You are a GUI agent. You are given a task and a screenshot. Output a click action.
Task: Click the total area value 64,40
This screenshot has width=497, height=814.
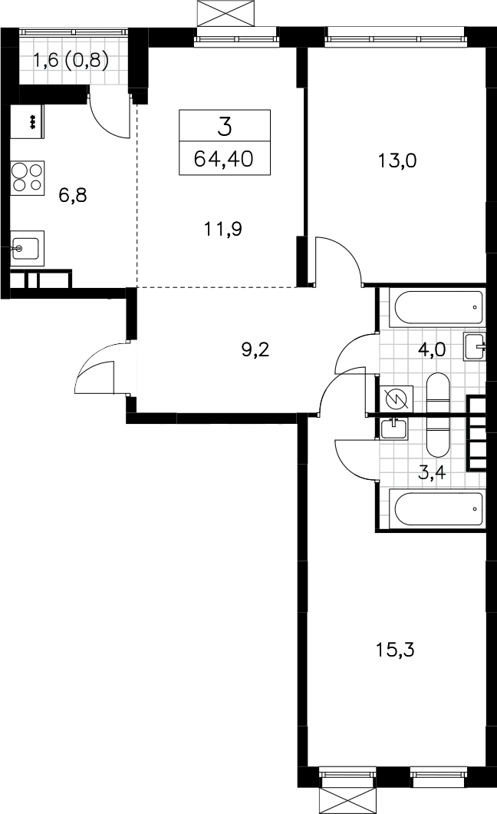point(224,158)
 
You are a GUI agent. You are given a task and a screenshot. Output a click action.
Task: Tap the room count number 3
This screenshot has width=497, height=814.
point(225,126)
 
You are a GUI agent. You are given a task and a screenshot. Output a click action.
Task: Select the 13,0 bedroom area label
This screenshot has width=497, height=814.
point(397,161)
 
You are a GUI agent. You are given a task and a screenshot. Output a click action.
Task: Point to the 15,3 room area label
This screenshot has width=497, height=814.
point(395,649)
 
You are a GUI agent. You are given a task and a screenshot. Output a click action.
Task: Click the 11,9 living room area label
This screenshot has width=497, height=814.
point(223,228)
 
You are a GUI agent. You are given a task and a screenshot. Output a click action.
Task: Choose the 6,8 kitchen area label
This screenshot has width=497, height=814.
point(73,195)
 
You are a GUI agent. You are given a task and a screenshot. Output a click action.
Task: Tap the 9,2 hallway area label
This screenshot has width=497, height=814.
point(255,350)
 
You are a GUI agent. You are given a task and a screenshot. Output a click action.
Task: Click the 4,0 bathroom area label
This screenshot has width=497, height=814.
point(432,349)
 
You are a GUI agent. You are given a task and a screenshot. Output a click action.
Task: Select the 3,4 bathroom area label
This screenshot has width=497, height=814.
point(432,473)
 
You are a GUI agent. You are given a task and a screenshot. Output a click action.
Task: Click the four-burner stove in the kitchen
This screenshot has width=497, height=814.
point(28,177)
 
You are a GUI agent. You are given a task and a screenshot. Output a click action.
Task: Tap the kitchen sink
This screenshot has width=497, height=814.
point(28,248)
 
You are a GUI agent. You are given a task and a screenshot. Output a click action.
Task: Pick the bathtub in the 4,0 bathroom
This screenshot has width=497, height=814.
point(439,307)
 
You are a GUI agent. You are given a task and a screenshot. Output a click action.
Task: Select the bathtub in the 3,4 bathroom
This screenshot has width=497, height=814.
point(439,509)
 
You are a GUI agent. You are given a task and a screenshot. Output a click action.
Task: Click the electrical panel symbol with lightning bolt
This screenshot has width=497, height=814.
point(397,399)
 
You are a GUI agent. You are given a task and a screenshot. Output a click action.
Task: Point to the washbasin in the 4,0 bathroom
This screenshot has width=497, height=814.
point(476,347)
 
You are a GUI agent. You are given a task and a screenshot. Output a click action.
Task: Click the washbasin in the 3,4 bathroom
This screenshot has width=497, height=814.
point(393,429)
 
